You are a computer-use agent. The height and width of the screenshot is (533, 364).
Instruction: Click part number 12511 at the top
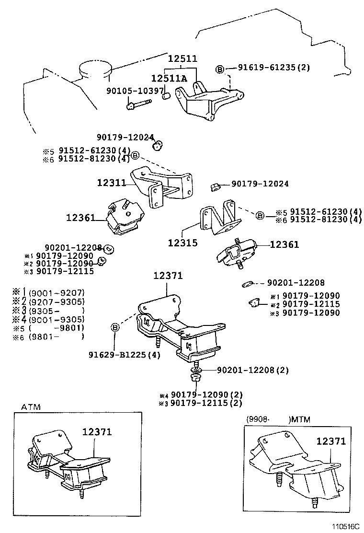point(182,59)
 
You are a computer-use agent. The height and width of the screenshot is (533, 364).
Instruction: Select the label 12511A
point(169,78)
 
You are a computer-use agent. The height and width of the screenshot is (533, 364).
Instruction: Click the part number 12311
point(111,183)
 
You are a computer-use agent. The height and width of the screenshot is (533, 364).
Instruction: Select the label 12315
point(182,243)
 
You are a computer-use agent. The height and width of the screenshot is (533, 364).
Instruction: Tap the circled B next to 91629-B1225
point(115,327)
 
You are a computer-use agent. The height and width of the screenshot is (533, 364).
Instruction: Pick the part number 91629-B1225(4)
point(124,355)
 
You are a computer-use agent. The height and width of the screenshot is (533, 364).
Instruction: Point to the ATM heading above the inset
point(31,407)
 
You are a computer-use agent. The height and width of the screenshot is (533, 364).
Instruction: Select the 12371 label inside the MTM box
point(330,441)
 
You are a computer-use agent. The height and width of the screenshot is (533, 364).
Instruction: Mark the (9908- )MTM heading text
point(278,419)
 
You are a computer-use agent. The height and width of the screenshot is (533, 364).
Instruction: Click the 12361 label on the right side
point(284,244)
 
